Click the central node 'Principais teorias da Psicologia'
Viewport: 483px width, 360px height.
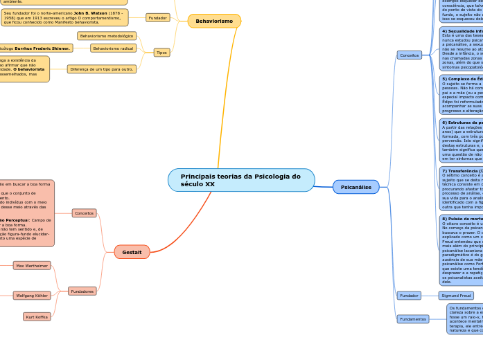pyautogui.click(x=241, y=180)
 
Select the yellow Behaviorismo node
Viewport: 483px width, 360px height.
pyautogui.click(x=214, y=21)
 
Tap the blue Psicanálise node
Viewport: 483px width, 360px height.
pyautogui.click(x=356, y=187)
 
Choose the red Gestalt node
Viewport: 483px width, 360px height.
pyautogui.click(x=132, y=252)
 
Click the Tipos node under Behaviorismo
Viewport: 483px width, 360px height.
pyautogui.click(x=161, y=53)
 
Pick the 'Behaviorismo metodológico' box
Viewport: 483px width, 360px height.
pyautogui.click(x=107, y=36)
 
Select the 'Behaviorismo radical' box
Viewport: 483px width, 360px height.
pyautogui.click(x=113, y=48)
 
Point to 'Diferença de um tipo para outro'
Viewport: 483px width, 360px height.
pyautogui.click(x=101, y=69)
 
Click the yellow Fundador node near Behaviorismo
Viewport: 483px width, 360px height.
pyautogui.click(x=158, y=17)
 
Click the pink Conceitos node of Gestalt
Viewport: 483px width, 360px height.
pyautogui.click(x=85, y=213)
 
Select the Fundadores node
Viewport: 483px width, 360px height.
pyautogui.click(x=82, y=291)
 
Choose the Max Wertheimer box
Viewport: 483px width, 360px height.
pyautogui.click(x=32, y=266)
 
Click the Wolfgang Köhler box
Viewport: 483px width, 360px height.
pyautogui.click(x=32, y=296)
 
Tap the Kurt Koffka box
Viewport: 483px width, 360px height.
pyautogui.click(x=37, y=317)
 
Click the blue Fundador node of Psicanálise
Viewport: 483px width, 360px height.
pyautogui.click(x=409, y=296)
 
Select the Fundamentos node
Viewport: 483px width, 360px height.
pyautogui.click(x=412, y=319)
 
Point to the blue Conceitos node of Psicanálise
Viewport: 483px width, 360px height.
pyautogui.click(x=409, y=55)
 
